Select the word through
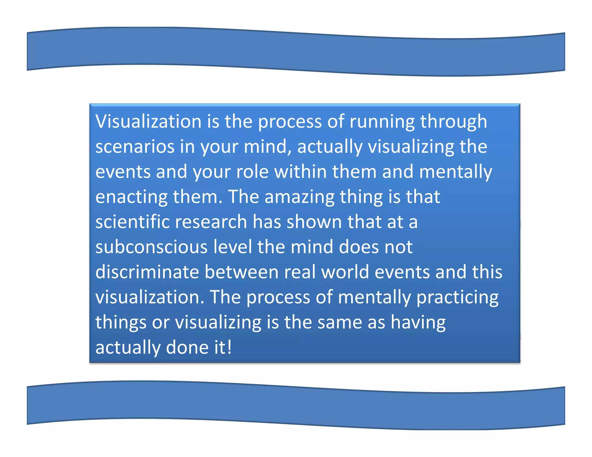pyautogui.click(x=454, y=122)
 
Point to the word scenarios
pyautogui.click(x=135, y=146)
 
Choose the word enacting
pyautogui.click(x=131, y=197)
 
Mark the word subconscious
pyautogui.click(x=151, y=247)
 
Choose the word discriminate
pyautogui.click(x=147, y=272)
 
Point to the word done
pyautogui.click(x=187, y=348)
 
